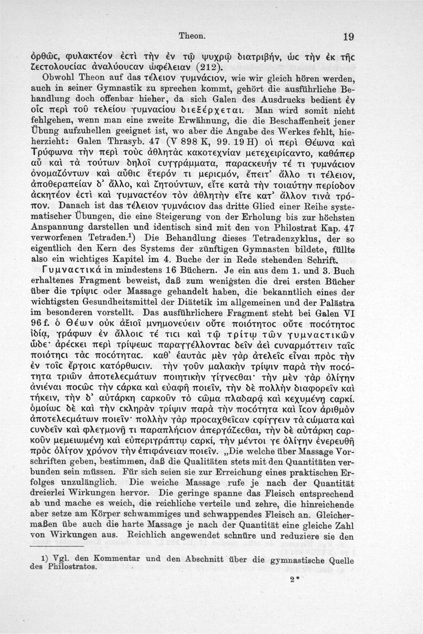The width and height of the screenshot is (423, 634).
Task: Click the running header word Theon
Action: [x=192, y=36]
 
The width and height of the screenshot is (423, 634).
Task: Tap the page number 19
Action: [x=347, y=36]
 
